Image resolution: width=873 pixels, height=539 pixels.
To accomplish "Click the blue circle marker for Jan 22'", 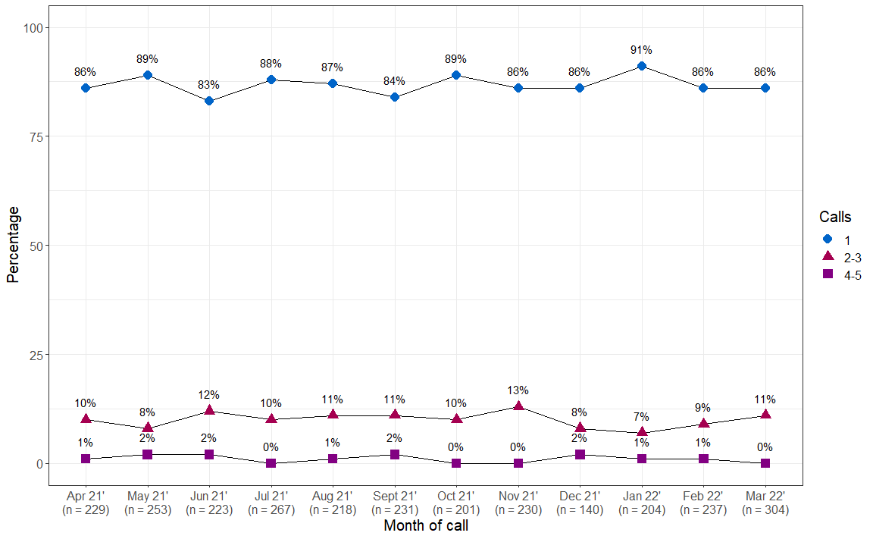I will coord(642,66).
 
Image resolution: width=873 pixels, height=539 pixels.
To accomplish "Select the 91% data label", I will coord(642,50).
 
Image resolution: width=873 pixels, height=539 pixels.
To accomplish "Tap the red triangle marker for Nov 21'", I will coord(518,406).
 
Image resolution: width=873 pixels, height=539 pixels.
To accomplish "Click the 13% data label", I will coord(518,390).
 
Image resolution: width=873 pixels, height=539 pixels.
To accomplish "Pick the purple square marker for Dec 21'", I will coord(580,454).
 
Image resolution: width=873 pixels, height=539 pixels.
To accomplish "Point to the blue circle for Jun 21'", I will coord(209,101).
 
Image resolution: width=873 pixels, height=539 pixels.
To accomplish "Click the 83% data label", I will coord(209,85).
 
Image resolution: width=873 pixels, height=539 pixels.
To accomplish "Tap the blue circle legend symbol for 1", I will coord(828,239).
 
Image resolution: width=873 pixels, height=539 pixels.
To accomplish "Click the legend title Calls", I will coord(834,218).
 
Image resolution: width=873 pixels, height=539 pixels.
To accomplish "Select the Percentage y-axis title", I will coord(13,246).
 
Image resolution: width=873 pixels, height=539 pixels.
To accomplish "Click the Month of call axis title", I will coord(425,525).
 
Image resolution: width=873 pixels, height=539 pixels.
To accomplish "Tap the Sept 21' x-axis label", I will coord(395,496).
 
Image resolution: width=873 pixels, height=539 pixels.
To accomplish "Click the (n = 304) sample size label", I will coord(765,510).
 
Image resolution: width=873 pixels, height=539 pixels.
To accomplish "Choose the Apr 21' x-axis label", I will coord(86,496).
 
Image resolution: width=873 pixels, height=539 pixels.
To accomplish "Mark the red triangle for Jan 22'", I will coord(642,432).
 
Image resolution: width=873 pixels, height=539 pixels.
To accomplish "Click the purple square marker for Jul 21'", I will coord(271,463).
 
